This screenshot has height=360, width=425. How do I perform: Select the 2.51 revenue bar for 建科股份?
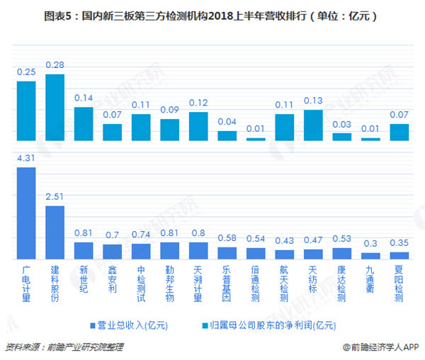click(55, 231)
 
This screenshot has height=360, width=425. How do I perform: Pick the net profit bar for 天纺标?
click(313, 125)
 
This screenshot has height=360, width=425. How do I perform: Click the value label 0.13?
click(313, 101)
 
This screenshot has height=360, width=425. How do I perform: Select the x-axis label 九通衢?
click(370, 279)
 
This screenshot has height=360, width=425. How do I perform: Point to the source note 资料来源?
click(64, 347)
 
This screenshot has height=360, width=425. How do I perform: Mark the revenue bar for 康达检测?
click(342, 252)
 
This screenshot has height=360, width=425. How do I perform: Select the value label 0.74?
click(141, 234)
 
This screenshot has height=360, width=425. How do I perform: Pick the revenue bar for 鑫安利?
click(113, 250)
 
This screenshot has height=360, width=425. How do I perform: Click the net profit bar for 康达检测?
click(342, 137)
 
